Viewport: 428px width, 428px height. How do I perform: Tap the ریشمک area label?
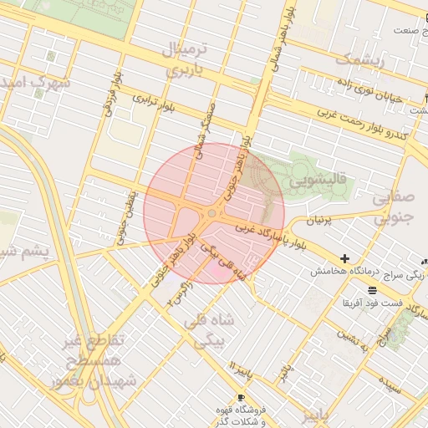coord(360,59)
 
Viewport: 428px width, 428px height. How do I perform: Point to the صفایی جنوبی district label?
coord(392,208)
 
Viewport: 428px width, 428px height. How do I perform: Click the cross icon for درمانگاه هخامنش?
coord(344,259)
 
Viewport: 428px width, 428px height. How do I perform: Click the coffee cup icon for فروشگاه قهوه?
coord(242,397)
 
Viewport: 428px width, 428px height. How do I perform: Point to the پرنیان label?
coord(317,221)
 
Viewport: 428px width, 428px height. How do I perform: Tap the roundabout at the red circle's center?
coord(212,214)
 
